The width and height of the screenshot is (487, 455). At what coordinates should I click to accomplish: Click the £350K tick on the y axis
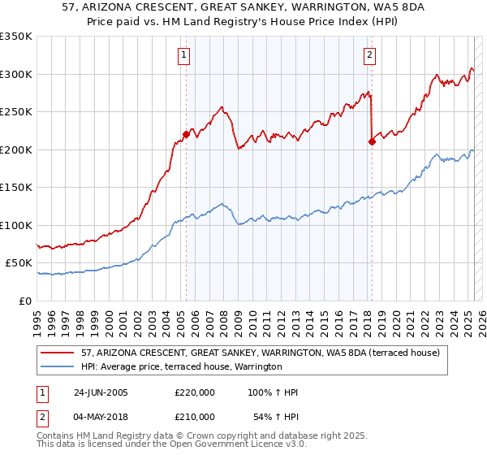16,37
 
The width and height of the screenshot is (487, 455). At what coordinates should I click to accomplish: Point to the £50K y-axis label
19,263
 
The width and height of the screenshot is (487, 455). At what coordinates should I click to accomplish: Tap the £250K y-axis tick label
16,112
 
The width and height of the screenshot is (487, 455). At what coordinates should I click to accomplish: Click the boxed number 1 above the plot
185,55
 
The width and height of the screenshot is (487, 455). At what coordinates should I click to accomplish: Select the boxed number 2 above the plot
369,55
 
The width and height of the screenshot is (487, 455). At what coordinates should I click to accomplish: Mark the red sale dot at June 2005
186,135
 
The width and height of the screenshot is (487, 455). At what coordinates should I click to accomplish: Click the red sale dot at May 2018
371,142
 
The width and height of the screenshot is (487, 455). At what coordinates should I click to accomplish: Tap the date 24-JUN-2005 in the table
101,392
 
